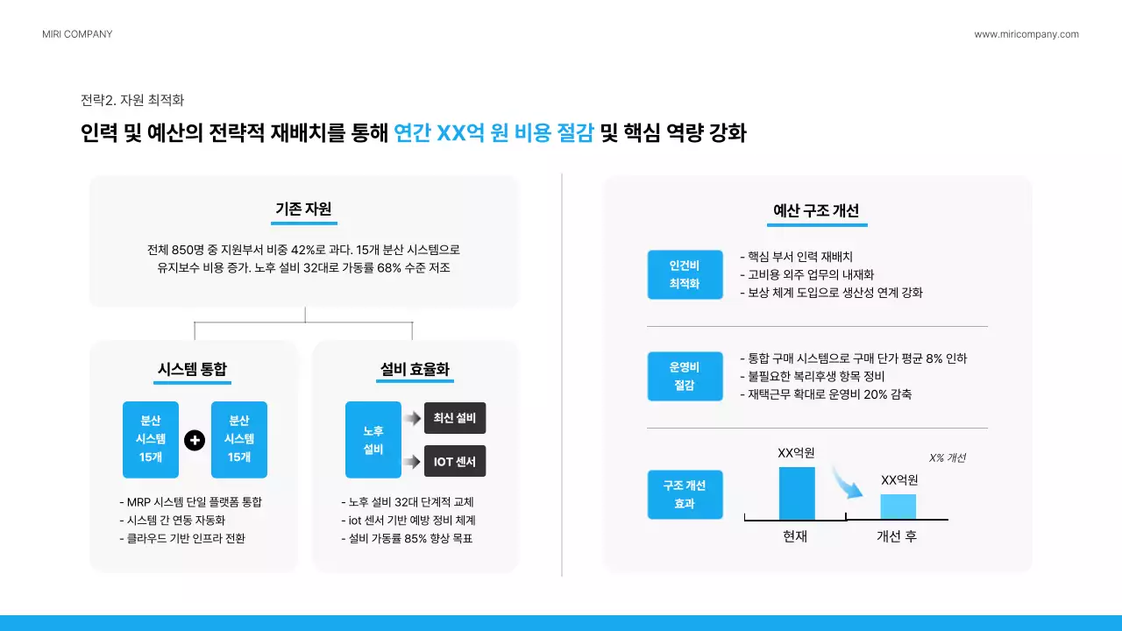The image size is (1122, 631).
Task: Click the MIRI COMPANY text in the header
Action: click(77, 34)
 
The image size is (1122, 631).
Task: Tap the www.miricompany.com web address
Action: click(1026, 34)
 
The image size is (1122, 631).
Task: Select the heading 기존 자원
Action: click(303, 209)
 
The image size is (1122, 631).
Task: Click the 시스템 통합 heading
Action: click(192, 369)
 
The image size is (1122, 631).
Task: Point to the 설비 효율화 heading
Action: click(415, 369)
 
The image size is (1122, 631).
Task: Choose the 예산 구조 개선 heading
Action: click(816, 210)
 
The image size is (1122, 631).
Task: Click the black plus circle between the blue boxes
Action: click(195, 440)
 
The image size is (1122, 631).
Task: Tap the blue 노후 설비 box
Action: click(373, 440)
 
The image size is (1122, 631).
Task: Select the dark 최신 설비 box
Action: click(455, 418)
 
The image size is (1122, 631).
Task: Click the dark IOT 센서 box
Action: click(455, 461)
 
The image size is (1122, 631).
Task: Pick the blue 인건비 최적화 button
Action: click(685, 274)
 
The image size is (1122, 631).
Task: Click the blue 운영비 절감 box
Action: click(685, 376)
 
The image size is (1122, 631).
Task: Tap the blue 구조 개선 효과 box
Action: click(685, 494)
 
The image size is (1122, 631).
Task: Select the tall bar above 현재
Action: click(797, 493)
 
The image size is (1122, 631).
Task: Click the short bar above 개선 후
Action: click(898, 507)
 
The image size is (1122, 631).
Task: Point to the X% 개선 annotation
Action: click(947, 457)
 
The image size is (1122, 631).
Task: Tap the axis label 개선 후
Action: click(897, 536)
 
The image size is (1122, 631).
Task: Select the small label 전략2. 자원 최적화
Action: click(131, 100)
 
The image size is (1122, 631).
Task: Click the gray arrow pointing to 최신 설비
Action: click(412, 419)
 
